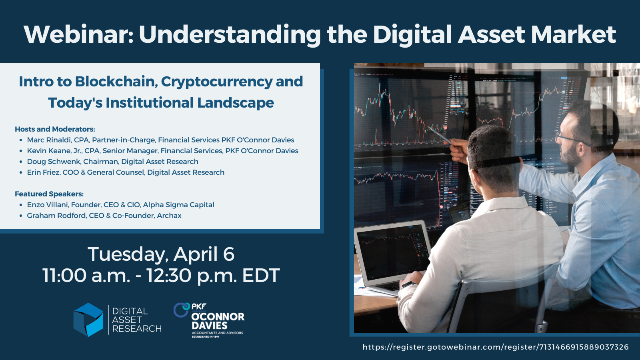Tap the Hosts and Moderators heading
(55, 129)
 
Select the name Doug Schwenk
(53, 162)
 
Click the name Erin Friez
(43, 172)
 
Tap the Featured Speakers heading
(49, 194)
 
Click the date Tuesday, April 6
(161, 254)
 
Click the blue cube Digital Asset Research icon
(88, 320)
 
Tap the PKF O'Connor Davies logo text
(217, 321)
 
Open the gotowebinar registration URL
(495, 347)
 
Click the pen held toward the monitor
(440, 136)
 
